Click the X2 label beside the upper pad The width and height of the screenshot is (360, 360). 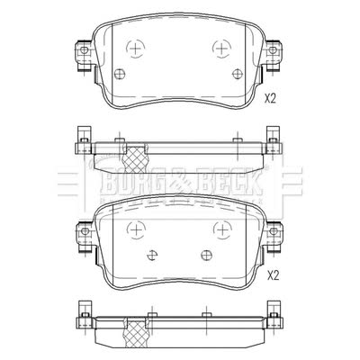pos(270,99)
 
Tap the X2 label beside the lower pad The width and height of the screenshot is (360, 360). pos(273,275)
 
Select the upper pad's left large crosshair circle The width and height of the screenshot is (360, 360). pos(135,48)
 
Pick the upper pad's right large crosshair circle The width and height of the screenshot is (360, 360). pos(221,48)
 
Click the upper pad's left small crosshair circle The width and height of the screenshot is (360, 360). pos(120,73)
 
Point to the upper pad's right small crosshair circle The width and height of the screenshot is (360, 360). pos(238,73)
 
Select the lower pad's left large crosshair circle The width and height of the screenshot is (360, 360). pos(137,229)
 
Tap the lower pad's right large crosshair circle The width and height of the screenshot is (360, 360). pos(222,229)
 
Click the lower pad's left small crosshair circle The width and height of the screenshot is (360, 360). pos(152,256)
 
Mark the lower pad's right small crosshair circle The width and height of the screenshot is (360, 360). pos(207,256)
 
